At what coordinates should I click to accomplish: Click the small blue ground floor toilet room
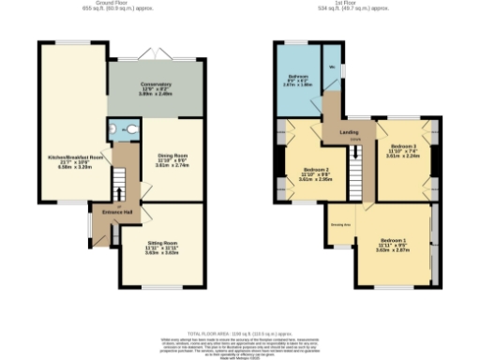click(x=122, y=129)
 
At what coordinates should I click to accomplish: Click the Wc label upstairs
click(x=333, y=67)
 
